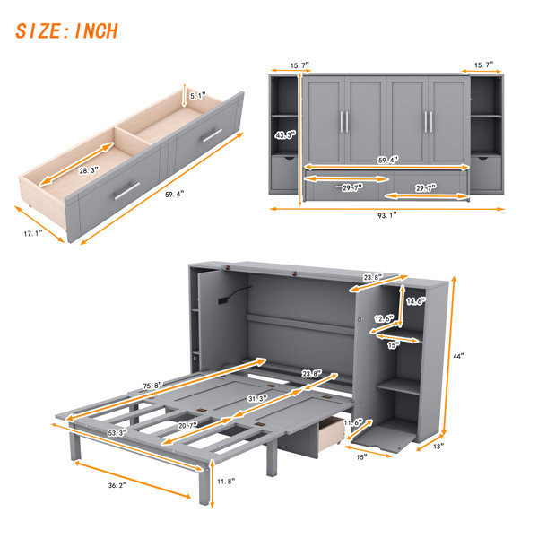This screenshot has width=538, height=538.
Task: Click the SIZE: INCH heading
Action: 67,30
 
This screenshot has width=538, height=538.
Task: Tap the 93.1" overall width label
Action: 387,215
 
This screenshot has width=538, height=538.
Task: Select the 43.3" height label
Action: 285,135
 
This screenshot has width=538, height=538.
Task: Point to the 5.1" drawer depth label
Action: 197,96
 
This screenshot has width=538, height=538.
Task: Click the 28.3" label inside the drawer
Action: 89,169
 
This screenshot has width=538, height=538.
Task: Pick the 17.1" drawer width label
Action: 33,233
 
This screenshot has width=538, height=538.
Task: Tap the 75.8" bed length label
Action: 152,386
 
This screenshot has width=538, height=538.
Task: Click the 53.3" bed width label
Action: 116,433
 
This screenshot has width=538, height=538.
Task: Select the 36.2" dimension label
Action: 117,485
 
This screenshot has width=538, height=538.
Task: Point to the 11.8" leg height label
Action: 226,482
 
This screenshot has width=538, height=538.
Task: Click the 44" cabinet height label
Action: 458,356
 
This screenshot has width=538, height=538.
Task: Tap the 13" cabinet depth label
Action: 438,447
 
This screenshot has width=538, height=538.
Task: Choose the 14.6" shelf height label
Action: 416,301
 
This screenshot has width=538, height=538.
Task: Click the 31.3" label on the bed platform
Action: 257,398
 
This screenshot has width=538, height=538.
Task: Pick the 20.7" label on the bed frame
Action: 187,425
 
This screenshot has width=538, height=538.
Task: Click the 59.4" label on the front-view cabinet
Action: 388,160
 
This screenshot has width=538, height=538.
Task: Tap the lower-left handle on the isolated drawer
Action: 127,191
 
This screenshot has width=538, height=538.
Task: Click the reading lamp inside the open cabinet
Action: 232,294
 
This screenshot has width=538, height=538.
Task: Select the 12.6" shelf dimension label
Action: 384,318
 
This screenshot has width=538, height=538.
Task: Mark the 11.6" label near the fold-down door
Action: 353,422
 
